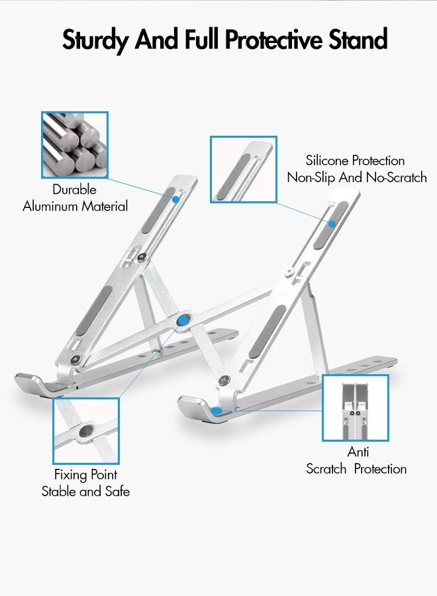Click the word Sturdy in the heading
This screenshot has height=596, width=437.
(x=96, y=40)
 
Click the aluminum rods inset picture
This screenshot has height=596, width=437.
(x=73, y=145)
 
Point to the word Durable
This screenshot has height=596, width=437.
(x=75, y=189)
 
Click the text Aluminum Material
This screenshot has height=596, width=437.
(x=75, y=206)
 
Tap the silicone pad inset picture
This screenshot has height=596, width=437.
(x=244, y=169)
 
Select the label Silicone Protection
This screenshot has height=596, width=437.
(x=355, y=160)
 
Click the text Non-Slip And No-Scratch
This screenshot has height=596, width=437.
(x=356, y=177)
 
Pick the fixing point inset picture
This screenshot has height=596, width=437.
(x=86, y=431)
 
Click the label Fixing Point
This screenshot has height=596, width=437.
(x=86, y=474)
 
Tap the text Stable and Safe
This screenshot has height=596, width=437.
(x=86, y=491)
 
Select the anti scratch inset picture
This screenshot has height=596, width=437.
(x=356, y=408)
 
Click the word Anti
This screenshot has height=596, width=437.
(x=358, y=452)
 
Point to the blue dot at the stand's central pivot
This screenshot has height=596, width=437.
(x=182, y=321)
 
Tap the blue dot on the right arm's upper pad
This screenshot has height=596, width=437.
(x=332, y=223)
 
